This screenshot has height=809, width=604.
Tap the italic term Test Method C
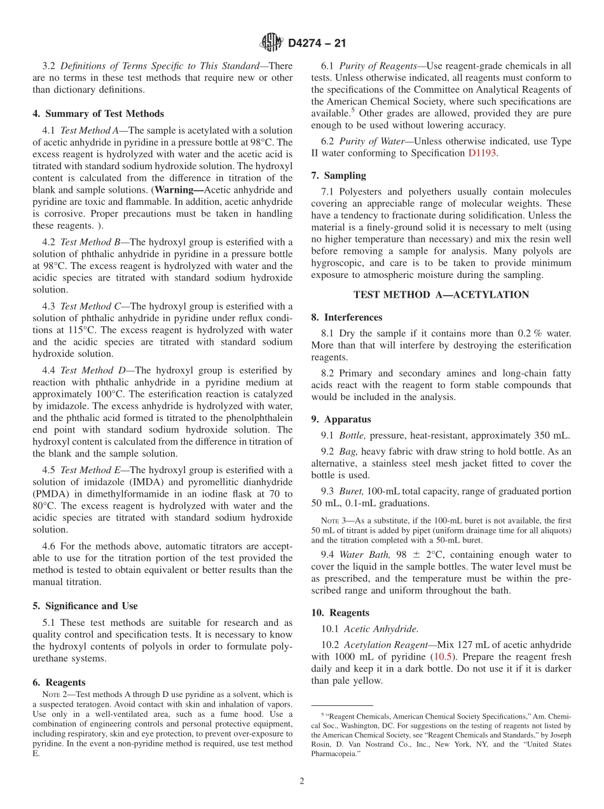point(90,307)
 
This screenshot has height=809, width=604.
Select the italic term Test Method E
point(90,470)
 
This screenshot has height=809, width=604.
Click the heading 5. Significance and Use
point(85,605)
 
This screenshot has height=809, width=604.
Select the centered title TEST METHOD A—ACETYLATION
point(441,294)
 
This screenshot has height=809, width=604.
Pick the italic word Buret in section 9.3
point(351,491)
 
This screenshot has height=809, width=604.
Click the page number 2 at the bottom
point(301,781)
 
